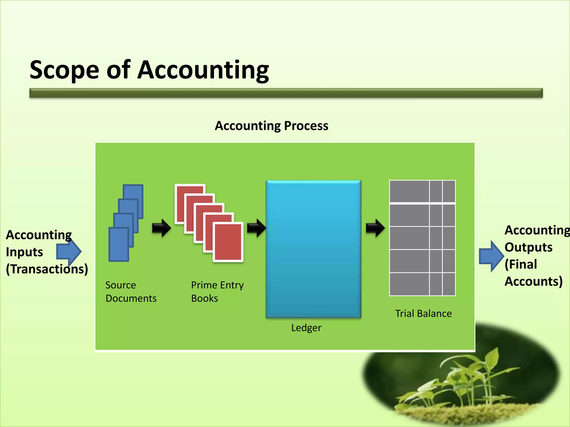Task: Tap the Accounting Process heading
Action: coord(271,126)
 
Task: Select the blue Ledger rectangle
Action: coord(313,249)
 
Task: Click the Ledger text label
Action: coord(306,328)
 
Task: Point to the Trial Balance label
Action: coord(423,314)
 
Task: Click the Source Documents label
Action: coord(131,292)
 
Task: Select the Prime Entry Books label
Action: coord(217,292)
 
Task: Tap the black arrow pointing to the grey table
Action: coord(375,228)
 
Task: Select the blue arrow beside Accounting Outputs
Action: coord(491,256)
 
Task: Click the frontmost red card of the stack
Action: coord(228,242)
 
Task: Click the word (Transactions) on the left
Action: coord(47,269)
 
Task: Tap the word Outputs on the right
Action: coord(528,247)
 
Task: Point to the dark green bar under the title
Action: coord(286,93)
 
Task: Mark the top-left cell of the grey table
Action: coord(409,192)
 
